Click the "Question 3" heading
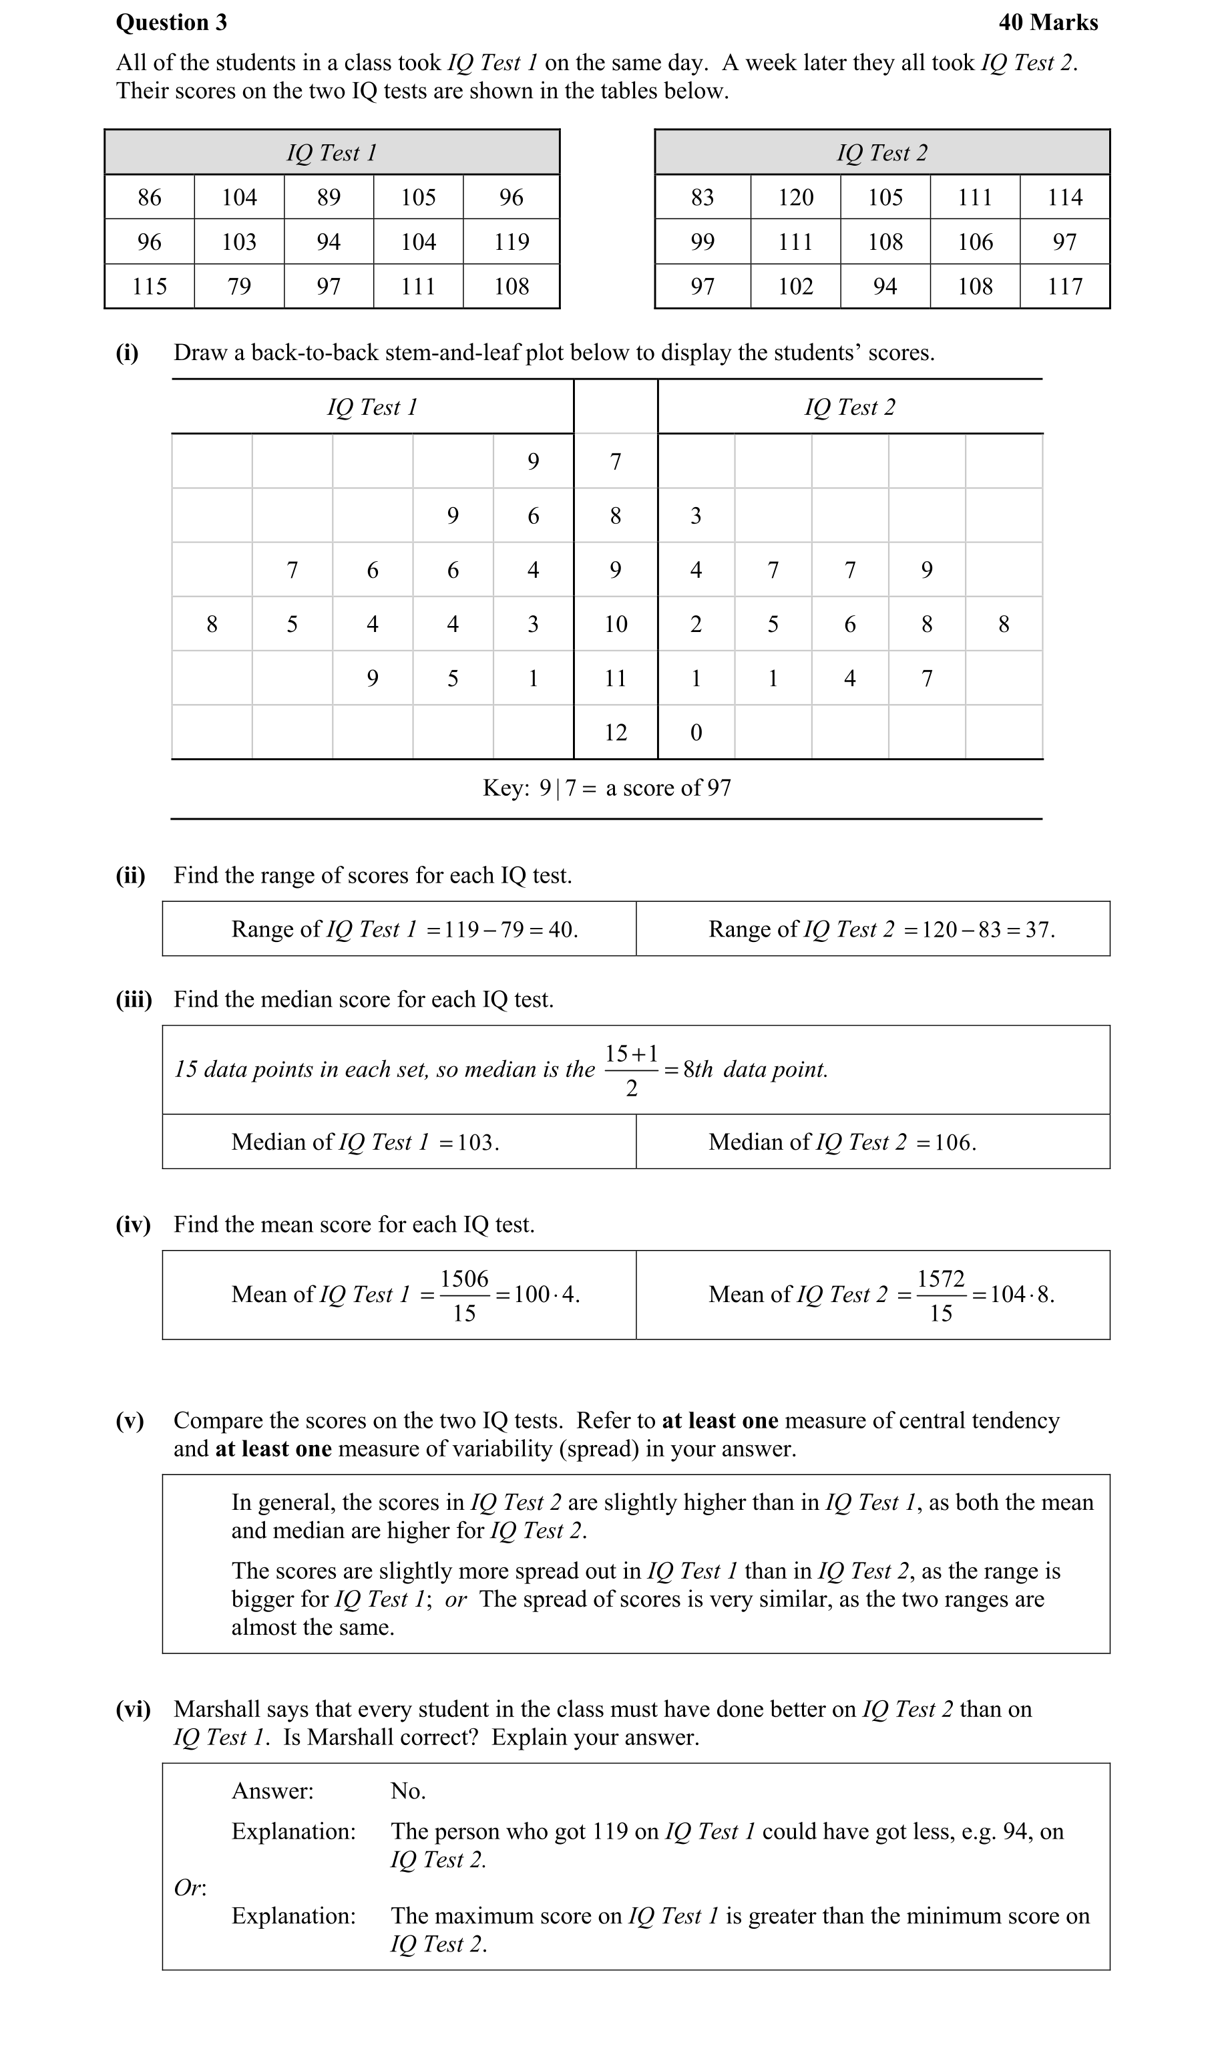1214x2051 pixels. pyautogui.click(x=171, y=22)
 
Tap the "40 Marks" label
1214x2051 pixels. pyautogui.click(x=1048, y=22)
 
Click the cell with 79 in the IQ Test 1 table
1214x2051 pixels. pyautogui.click(x=239, y=287)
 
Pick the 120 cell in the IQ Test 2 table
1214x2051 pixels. pyautogui.click(x=795, y=197)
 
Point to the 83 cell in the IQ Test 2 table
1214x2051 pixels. pyautogui.click(x=702, y=197)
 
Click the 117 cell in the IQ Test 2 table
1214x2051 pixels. pyautogui.click(x=1064, y=287)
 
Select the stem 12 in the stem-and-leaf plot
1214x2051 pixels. pyautogui.click(x=615, y=732)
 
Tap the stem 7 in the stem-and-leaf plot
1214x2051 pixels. pyautogui.click(x=615, y=462)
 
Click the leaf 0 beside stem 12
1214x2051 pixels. pyautogui.click(x=696, y=732)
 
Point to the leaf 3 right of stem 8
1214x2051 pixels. pyautogui.click(x=696, y=516)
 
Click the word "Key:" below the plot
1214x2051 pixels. pyautogui.click(x=505, y=788)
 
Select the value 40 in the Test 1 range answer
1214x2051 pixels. pyautogui.click(x=561, y=930)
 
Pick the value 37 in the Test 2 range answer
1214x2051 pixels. pyautogui.click(x=1039, y=930)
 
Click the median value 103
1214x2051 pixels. pyautogui.click(x=477, y=1142)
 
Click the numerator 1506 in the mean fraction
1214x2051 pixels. pyautogui.click(x=464, y=1279)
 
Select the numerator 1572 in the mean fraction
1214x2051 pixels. pyautogui.click(x=941, y=1279)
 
